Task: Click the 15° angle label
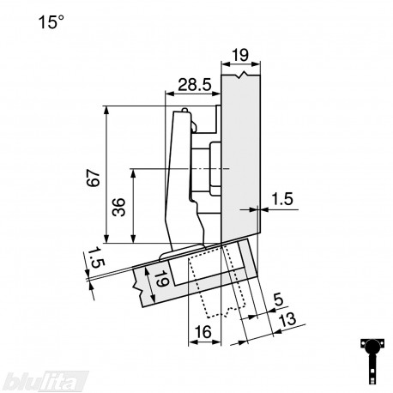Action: point(51,22)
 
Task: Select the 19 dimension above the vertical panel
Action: point(240,55)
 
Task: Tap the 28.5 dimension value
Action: point(195,85)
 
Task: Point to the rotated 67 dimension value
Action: point(94,178)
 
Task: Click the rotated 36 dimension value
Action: point(118,207)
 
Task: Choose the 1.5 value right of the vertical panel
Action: point(282,199)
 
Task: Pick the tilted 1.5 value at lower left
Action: point(96,257)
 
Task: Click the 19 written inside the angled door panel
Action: point(162,279)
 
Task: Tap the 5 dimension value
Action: point(278,300)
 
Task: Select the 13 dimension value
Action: point(287,319)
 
